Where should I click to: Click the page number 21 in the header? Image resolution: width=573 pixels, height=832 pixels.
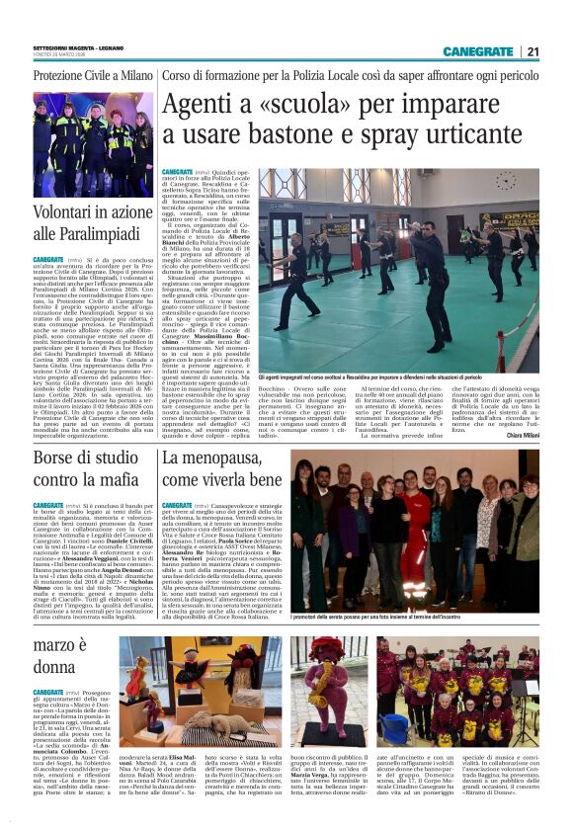point(532,51)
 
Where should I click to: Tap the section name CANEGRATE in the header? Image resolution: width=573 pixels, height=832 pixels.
point(477,51)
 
